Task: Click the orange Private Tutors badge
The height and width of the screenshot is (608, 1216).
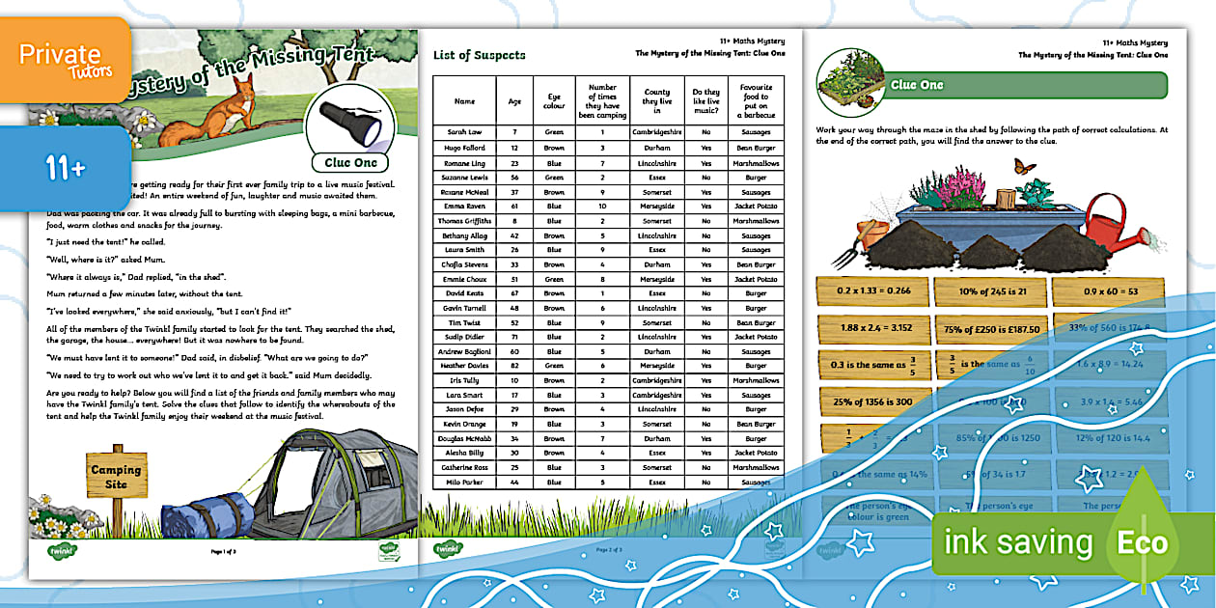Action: [x=66, y=60]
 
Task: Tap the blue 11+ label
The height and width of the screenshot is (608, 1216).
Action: [x=66, y=168]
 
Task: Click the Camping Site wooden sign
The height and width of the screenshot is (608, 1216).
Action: [x=117, y=476]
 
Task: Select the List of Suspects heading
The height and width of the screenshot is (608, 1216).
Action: [x=480, y=55]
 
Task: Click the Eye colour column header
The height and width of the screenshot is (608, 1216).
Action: [x=554, y=100]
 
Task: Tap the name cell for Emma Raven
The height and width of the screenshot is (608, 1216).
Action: [x=464, y=206]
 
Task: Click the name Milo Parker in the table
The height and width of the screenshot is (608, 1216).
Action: [x=464, y=482]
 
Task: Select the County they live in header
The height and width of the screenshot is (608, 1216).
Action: [x=657, y=100]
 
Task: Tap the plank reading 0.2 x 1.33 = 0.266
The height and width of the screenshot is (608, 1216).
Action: [x=872, y=290]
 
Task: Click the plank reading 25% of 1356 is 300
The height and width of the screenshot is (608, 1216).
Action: [x=872, y=401]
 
